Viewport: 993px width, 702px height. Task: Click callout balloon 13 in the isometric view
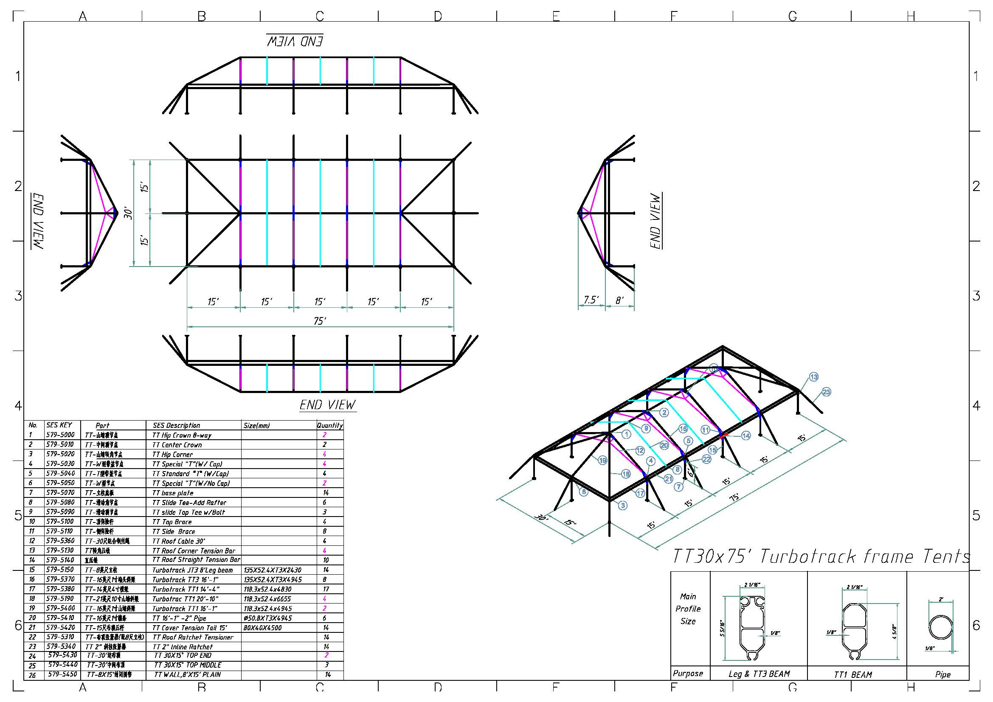click(x=813, y=377)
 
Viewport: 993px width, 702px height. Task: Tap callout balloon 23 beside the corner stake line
click(x=826, y=392)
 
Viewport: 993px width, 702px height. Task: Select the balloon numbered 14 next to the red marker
click(x=746, y=436)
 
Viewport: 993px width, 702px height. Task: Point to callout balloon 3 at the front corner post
click(x=622, y=505)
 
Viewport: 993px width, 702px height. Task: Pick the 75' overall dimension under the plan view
click(x=320, y=321)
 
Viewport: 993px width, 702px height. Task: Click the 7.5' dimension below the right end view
click(x=591, y=300)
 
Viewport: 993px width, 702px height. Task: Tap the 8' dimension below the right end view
click(x=619, y=300)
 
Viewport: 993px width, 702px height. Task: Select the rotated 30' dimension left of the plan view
click(x=129, y=213)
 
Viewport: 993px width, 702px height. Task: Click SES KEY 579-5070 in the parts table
click(x=60, y=492)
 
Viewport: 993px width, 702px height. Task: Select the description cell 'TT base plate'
click(x=172, y=493)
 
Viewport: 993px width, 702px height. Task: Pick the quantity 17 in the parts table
click(x=326, y=589)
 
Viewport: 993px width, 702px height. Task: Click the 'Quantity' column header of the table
click(x=329, y=425)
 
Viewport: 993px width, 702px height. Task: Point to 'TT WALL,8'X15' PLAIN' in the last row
click(x=187, y=674)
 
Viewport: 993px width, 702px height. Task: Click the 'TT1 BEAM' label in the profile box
click(x=853, y=674)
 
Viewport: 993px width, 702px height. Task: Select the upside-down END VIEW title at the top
click(x=295, y=41)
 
